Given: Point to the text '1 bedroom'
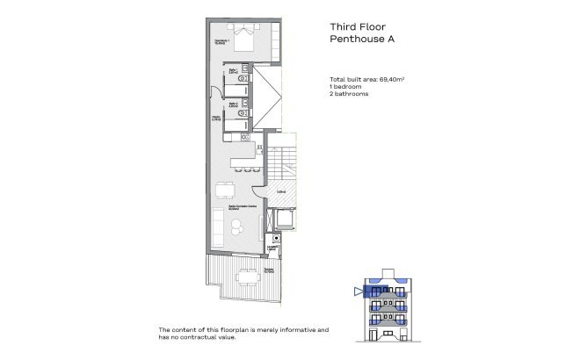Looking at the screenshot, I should [345, 88].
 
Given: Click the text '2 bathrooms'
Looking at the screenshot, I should [349, 95].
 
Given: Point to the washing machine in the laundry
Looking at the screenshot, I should [275, 238].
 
